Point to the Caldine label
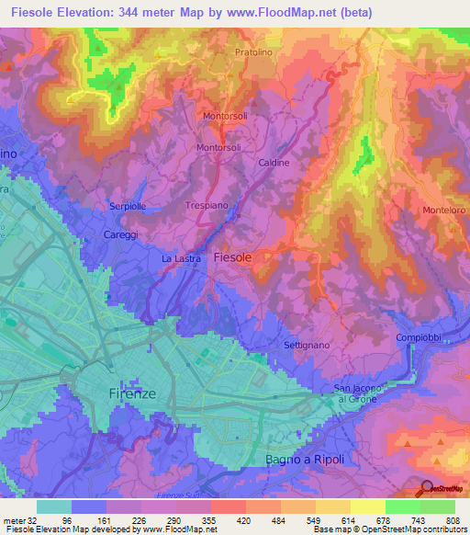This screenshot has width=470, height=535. pyautogui.click(x=273, y=162)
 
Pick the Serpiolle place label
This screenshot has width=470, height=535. pyautogui.click(x=129, y=206)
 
